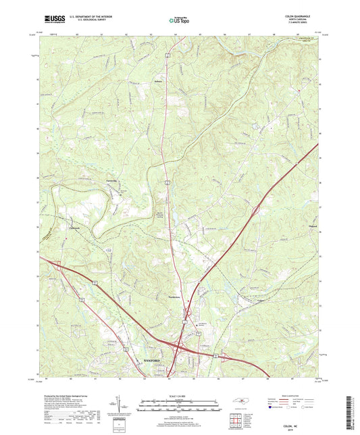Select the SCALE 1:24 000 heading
coord(179,395)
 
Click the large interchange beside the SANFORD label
coord(178,347)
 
